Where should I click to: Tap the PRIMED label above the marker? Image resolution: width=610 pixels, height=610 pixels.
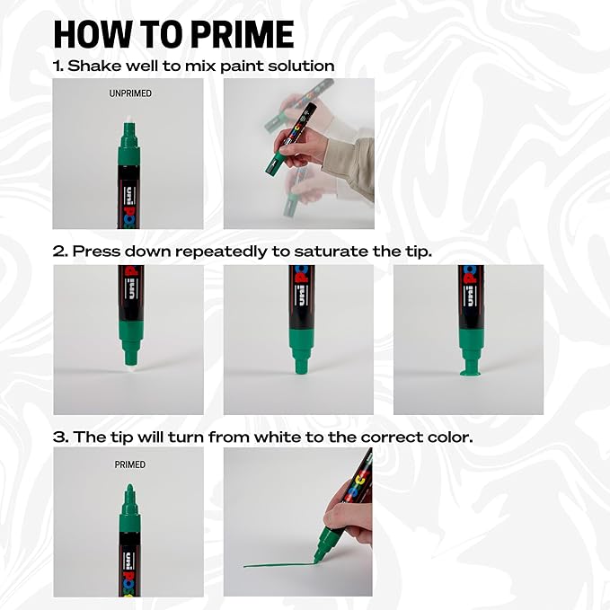(129, 464)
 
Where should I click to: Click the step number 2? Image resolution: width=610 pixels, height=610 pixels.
(59, 252)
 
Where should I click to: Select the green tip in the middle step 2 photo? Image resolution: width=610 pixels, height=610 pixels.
(299, 364)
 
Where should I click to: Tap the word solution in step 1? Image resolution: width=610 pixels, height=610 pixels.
(301, 66)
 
